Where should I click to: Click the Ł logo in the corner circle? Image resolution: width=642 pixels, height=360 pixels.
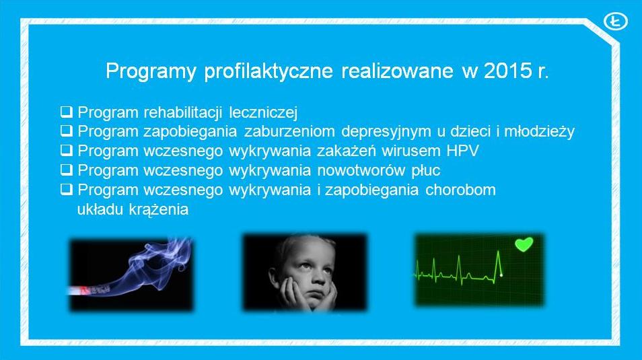click(x=615, y=22)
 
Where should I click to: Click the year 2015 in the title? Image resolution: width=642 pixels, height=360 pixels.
click(x=507, y=71)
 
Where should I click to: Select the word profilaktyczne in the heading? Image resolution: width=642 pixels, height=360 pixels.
click(x=269, y=71)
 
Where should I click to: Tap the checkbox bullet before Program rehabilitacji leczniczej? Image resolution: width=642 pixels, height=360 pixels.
click(x=67, y=112)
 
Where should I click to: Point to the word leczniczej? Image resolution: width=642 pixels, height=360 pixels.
click(x=263, y=112)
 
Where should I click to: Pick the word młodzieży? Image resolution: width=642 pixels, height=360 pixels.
click(x=539, y=131)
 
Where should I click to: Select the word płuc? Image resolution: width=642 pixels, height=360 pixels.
click(x=426, y=170)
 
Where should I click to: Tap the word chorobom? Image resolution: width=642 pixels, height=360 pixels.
click(x=460, y=190)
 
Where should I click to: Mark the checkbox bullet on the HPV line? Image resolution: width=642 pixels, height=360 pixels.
click(x=67, y=150)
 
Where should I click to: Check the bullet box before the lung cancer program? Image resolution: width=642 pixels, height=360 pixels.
click(x=67, y=170)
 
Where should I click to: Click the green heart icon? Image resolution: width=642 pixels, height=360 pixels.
click(x=524, y=244)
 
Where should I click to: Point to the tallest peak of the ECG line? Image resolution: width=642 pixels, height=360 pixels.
click(x=498, y=251)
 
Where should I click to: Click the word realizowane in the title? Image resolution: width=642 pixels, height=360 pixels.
click(x=397, y=71)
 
